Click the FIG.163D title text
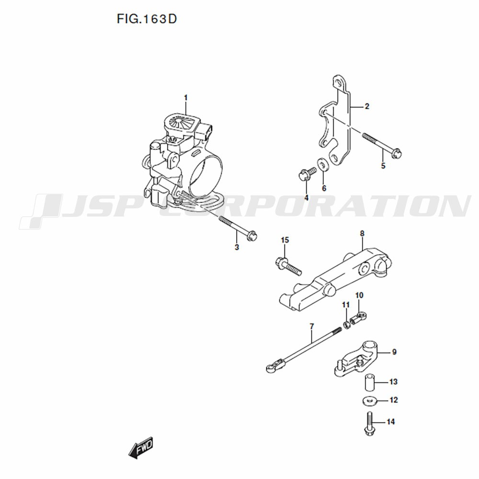click(147, 19)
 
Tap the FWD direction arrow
click(140, 448)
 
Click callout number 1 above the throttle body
click(185, 98)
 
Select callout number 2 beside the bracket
click(367, 106)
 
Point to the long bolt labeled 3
click(238, 227)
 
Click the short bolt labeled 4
click(308, 173)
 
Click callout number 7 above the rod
click(311, 327)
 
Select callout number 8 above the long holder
click(362, 234)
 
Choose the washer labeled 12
click(370, 400)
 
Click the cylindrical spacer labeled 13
click(370, 382)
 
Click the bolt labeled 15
click(288, 266)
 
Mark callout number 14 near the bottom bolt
click(391, 422)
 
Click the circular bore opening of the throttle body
click(205, 177)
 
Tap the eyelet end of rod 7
click(270, 368)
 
